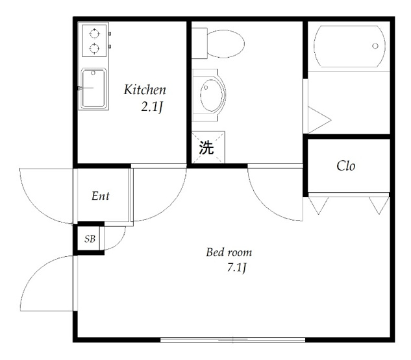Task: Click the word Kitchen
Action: point(145,90)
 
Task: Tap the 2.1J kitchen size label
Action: point(152,107)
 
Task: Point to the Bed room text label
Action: point(229,252)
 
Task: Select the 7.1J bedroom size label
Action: point(237,268)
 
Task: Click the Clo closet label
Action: point(346,166)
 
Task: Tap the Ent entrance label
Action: point(101,196)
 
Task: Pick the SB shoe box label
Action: point(90,239)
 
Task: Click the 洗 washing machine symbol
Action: point(206,147)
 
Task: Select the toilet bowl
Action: point(225,43)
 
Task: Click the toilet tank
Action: point(199,43)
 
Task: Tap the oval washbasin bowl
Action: point(212,95)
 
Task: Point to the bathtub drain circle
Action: point(375,46)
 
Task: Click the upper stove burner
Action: point(94,34)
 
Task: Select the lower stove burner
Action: point(94,48)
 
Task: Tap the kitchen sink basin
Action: point(93,88)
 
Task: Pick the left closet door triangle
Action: point(318,205)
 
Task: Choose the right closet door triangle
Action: point(379,205)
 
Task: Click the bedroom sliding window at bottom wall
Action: point(232,340)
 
